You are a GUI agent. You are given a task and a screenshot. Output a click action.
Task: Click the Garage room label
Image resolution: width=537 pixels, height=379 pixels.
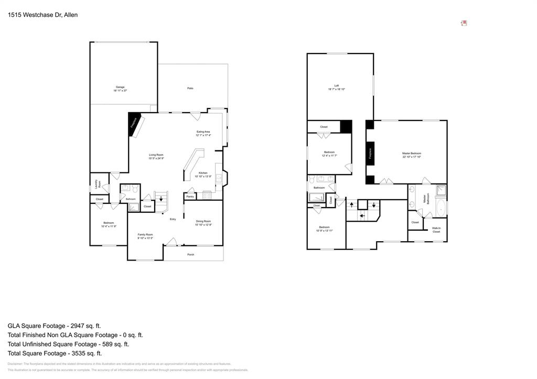[x=120, y=89]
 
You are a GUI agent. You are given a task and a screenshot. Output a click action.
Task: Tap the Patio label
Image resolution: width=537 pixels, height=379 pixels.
[x=190, y=88]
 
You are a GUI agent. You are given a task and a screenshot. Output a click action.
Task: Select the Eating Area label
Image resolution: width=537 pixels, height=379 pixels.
[x=203, y=133]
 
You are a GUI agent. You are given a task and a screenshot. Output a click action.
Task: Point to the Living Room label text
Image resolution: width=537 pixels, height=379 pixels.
[x=156, y=156]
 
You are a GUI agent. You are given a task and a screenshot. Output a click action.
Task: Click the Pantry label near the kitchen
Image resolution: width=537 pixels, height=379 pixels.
[x=190, y=197]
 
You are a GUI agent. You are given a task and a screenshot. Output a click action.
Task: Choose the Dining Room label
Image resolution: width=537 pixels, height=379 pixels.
[x=203, y=223]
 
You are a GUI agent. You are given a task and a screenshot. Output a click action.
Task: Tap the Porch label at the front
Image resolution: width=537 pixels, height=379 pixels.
[x=191, y=255]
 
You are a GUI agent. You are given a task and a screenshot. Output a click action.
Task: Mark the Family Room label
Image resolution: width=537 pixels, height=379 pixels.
[x=145, y=236]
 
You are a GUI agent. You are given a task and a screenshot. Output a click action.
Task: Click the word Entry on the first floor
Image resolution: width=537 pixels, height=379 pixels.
[x=173, y=219]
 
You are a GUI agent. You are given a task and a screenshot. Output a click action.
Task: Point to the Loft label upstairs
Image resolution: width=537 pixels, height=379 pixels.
[x=337, y=87]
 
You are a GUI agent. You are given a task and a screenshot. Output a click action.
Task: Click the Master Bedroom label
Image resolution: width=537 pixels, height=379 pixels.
[x=412, y=155]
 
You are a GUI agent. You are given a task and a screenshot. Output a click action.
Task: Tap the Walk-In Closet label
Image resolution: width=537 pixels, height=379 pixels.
[x=436, y=230]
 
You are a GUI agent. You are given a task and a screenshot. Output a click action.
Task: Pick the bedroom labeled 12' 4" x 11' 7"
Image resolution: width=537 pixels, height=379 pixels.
[x=329, y=154]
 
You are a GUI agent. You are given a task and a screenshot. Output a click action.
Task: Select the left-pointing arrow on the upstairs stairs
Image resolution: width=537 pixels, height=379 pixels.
[x=362, y=215]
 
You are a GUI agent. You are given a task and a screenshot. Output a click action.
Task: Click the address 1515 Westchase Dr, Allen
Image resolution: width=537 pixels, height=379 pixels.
[x=42, y=15]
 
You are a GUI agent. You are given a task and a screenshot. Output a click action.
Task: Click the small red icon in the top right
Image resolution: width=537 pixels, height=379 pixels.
[x=464, y=23]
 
